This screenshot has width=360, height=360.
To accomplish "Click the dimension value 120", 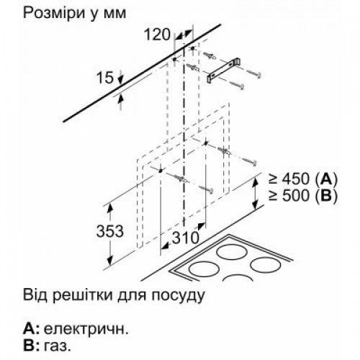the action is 157,35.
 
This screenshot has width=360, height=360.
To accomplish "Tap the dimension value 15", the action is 104,78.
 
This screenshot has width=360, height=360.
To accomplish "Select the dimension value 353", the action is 110,231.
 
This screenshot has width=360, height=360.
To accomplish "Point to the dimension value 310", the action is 186,238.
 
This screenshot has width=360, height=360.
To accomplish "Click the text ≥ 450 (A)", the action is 303,179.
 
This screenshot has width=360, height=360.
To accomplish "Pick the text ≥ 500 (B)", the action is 303,196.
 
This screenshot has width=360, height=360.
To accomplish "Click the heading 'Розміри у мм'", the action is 74,14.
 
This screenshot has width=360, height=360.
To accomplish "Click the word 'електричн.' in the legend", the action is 86,329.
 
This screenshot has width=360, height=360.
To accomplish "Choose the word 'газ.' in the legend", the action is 58,346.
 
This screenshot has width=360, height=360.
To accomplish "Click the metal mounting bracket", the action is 225,71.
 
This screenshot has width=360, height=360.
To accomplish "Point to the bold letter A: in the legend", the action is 31,328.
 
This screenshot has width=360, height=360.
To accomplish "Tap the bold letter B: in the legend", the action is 31,346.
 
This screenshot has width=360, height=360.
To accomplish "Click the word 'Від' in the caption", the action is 35,294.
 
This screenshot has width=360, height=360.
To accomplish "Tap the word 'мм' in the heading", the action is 114,14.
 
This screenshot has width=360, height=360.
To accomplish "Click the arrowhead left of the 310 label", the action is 166,246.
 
